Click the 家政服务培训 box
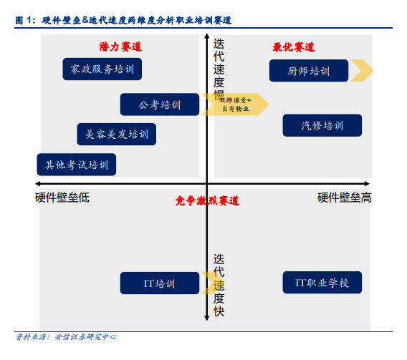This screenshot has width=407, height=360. pyautogui.click(x=102, y=69)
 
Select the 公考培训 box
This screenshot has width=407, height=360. pyautogui.click(x=160, y=104)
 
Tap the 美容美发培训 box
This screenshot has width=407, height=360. pyautogui.click(x=117, y=135)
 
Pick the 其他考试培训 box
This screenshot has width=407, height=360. pyautogui.click(x=77, y=165)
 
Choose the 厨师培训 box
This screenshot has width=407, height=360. pyautogui.click(x=309, y=70)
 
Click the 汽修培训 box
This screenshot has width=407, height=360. pyautogui.click(x=322, y=125)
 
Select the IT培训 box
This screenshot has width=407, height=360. pyautogui.click(x=160, y=283)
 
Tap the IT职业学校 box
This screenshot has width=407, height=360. pyautogui.click(x=322, y=283)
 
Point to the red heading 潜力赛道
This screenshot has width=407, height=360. pyautogui.click(x=120, y=47)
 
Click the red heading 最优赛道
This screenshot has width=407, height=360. pyautogui.click(x=294, y=47)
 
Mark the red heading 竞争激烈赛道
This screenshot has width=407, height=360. pyautogui.click(x=207, y=201)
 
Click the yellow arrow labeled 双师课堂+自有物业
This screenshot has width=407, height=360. pyautogui.click(x=235, y=104)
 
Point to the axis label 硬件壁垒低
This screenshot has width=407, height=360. pyautogui.click(x=62, y=198)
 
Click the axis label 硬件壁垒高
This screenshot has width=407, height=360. pyautogui.click(x=345, y=198)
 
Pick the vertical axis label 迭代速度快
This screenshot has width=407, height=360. pyautogui.click(x=219, y=285)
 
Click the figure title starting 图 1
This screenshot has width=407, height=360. pyautogui.click(x=123, y=20)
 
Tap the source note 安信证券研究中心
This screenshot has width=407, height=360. pyautogui.click(x=86, y=337)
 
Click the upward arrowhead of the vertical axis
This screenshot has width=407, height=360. pyautogui.click(x=207, y=36)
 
